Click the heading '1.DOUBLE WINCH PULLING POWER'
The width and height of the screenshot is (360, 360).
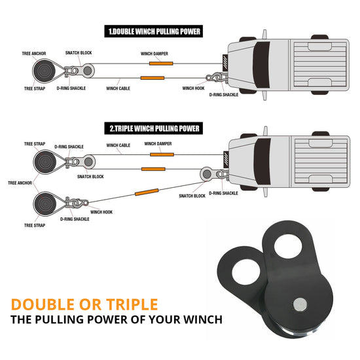click(154, 31)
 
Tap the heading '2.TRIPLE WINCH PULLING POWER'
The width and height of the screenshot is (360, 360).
click(154, 128)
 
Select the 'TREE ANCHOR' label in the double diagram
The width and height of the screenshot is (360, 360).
click(34, 54)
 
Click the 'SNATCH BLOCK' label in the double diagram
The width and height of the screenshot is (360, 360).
click(79, 53)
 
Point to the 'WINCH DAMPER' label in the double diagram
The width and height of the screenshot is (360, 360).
click(154, 54)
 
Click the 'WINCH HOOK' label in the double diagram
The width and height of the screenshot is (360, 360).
click(193, 88)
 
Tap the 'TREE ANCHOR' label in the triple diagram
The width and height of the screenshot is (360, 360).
click(20, 183)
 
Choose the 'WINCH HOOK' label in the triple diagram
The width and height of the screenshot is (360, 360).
click(101, 212)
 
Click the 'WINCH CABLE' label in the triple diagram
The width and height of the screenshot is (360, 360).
click(118, 145)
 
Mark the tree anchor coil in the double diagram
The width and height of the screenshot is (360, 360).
click(44, 71)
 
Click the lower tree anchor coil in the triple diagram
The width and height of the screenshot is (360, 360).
click(45, 204)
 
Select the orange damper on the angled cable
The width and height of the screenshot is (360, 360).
click(147, 192)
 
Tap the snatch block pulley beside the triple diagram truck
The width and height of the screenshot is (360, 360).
click(207, 174)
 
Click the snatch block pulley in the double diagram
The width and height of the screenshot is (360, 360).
click(88, 71)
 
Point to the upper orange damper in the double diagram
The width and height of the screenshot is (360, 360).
click(161, 63)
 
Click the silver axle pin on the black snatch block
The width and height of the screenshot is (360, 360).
click(300, 304)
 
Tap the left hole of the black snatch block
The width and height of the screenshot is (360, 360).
click(246, 272)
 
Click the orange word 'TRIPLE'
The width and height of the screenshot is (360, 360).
click(132, 304)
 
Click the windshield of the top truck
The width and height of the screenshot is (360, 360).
click(261, 65)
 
